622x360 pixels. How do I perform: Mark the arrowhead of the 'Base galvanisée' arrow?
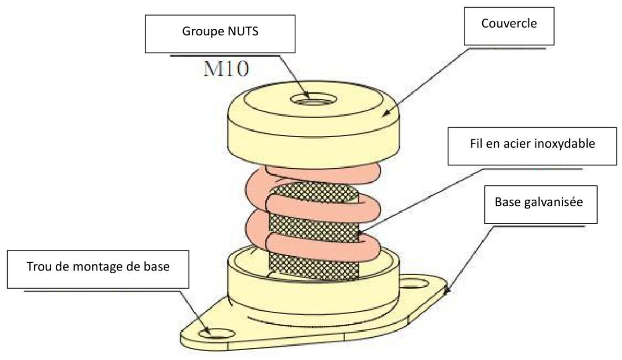[x=447, y=290]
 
